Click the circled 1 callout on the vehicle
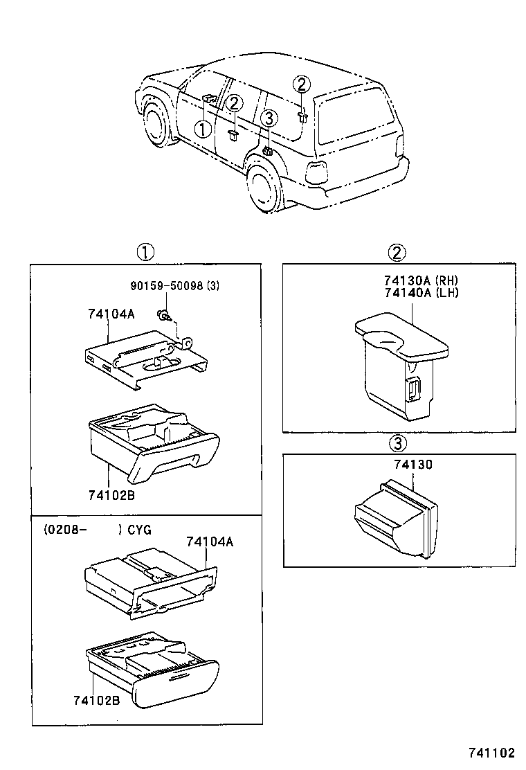(x=202, y=129)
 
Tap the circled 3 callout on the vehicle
(x=269, y=118)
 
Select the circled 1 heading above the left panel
(x=145, y=253)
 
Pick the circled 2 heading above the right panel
(x=397, y=253)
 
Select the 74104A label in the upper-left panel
(x=111, y=314)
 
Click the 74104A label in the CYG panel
(x=209, y=542)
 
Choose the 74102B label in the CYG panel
(x=96, y=700)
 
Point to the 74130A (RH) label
(x=421, y=280)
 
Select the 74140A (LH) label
(x=421, y=292)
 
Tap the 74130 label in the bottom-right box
(x=413, y=466)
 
